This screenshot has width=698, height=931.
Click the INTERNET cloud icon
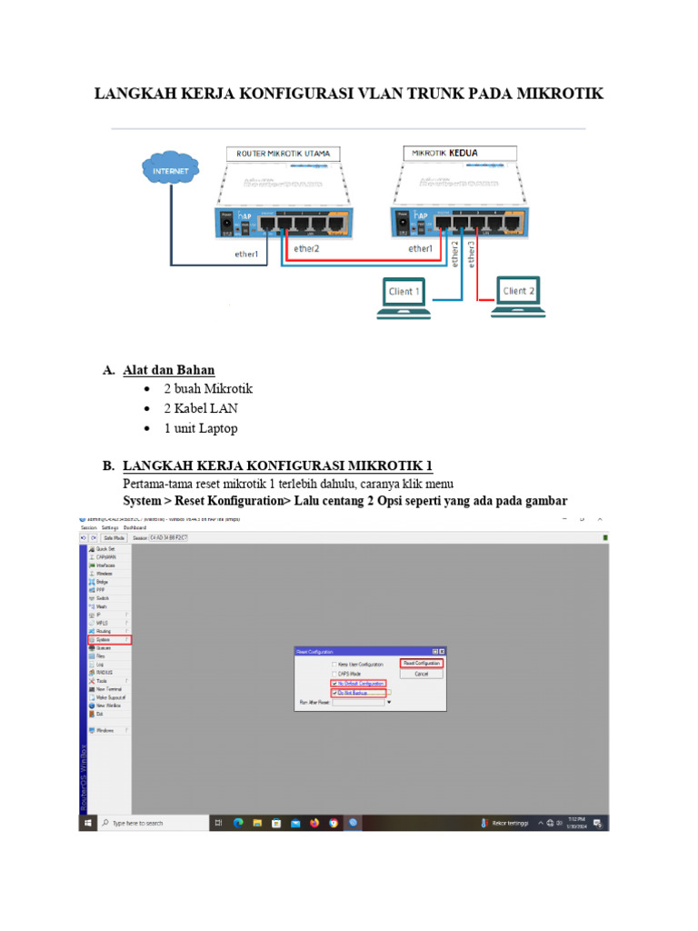pos(172,170)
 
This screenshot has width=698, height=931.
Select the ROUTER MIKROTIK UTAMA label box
pos(284,153)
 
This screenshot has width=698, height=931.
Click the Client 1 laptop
pos(404,297)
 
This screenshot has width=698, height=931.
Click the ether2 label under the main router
pos(304,249)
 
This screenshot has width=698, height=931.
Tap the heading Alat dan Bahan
pos(169,370)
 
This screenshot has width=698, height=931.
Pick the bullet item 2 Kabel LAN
pos(201,408)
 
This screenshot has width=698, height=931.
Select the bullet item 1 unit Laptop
pos(201,428)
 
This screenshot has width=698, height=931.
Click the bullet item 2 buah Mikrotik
pos(208,388)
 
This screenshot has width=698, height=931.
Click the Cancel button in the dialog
pos(422,674)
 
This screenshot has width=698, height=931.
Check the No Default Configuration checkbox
pos(334,683)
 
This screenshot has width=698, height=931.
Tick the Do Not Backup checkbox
pos(334,693)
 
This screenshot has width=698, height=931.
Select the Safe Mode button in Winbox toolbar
pos(114,538)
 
